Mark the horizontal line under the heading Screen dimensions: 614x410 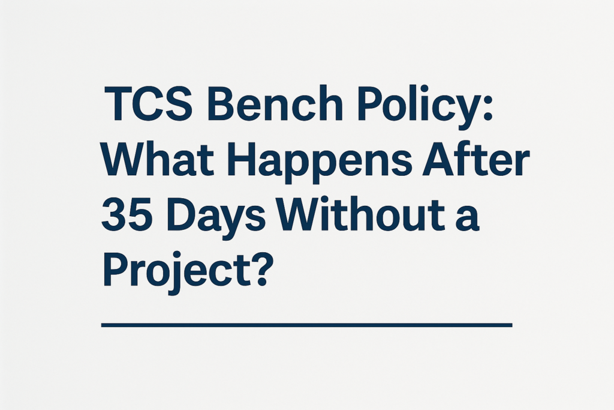point(307,325)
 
